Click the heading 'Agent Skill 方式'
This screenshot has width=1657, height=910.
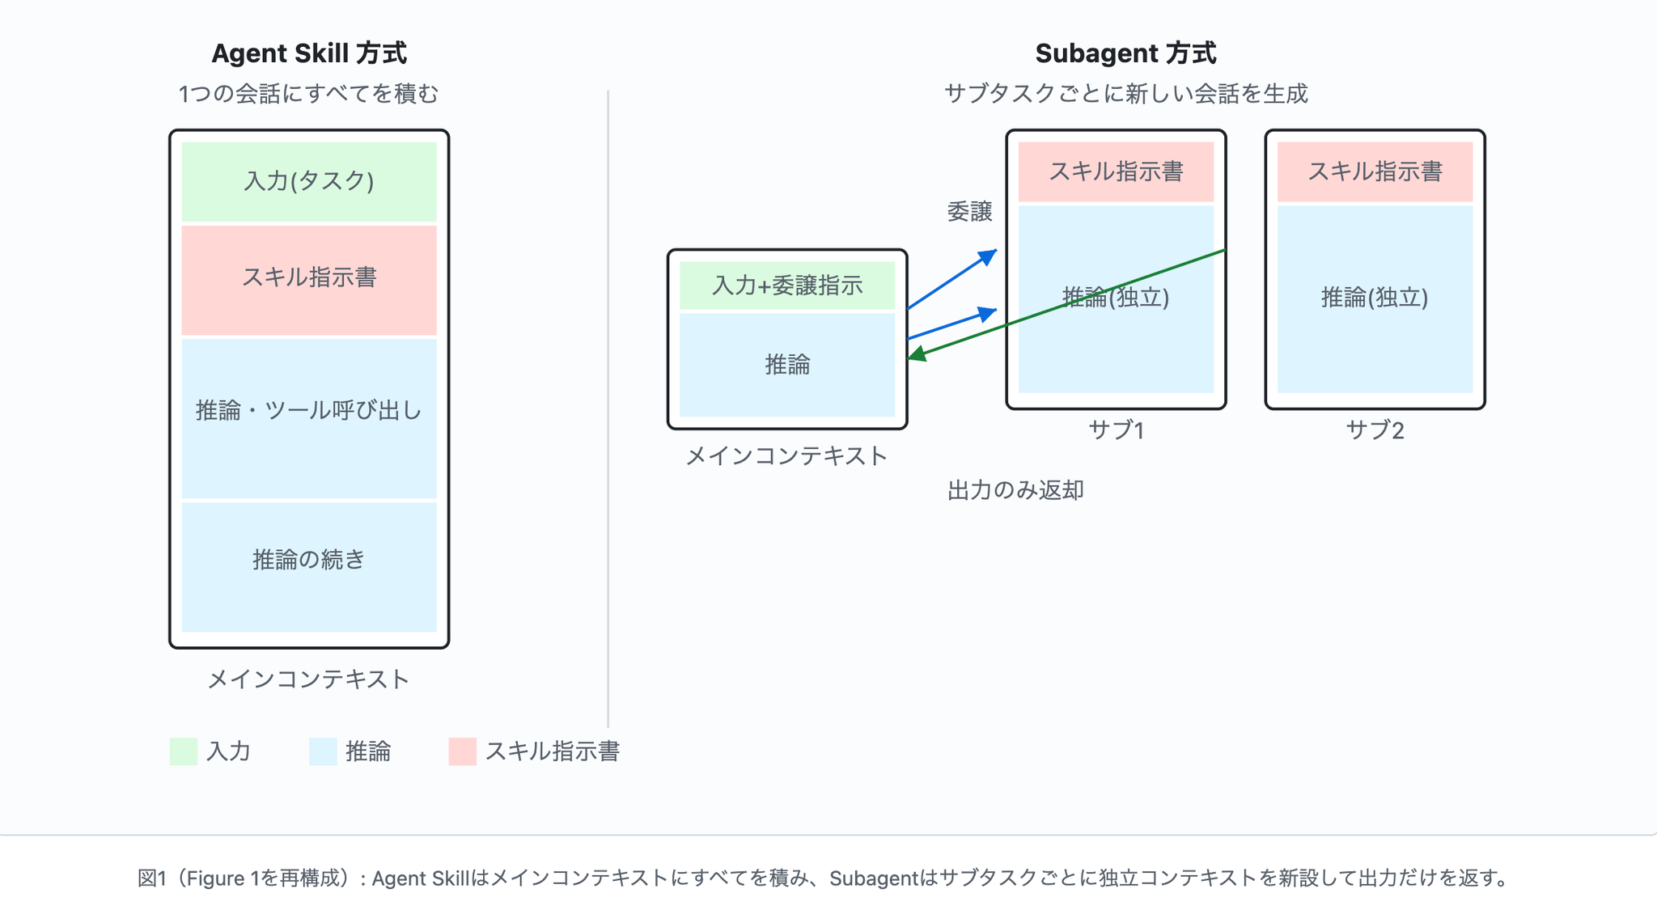point(309,53)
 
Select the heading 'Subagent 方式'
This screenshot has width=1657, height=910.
point(1125,53)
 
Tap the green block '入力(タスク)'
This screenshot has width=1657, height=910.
point(309,182)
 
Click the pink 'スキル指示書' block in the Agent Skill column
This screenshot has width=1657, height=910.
point(309,280)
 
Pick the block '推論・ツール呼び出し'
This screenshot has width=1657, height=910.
point(309,418)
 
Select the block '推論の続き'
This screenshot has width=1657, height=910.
point(309,567)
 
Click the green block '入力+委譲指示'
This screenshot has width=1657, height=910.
point(787,286)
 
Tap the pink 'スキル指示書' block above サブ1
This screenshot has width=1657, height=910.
point(1117,172)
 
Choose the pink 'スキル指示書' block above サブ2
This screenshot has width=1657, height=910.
point(1375,172)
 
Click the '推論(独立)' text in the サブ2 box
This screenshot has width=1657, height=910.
point(1375,298)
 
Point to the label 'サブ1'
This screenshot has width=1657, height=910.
point(1117,430)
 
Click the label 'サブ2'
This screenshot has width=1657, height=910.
point(1375,430)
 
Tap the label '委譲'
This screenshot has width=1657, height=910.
point(969,212)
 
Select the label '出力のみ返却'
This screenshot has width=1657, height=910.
point(1015,490)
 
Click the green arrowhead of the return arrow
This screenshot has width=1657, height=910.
point(917,353)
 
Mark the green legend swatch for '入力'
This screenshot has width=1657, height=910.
point(184,751)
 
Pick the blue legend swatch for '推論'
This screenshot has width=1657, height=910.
point(323,751)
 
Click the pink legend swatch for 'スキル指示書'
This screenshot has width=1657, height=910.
point(463,751)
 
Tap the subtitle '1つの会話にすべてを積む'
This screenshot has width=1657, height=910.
point(308,94)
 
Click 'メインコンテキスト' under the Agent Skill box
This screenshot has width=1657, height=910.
point(308,679)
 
